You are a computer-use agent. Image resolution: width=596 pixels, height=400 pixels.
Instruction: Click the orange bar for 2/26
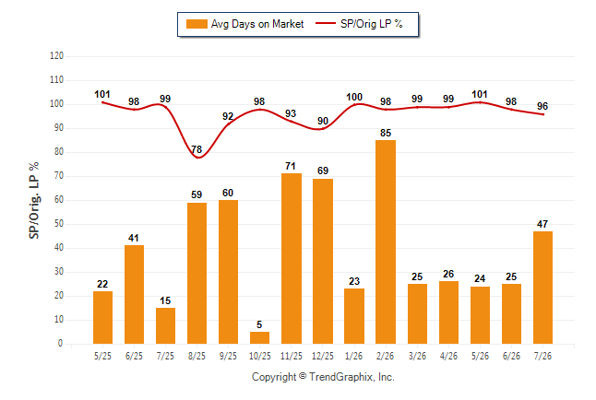tap(386, 242)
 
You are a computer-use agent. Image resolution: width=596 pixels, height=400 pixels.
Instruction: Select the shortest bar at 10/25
tap(259, 337)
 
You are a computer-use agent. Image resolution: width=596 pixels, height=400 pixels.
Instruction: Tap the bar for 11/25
tap(292, 259)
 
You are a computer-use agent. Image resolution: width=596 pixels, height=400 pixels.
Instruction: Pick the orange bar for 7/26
tap(542, 288)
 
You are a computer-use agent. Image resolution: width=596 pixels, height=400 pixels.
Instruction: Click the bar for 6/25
tap(134, 294)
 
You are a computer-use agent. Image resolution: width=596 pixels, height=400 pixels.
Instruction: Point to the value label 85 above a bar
tap(386, 133)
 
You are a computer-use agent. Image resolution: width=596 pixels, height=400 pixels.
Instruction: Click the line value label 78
tap(197, 149)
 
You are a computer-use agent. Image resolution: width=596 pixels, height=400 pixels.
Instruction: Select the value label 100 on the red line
tap(354, 98)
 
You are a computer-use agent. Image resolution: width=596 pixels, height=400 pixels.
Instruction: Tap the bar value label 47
tap(542, 224)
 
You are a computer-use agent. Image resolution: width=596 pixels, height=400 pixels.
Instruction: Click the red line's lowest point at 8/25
tap(198, 158)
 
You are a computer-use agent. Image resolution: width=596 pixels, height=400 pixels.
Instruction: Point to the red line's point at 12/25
tap(322, 129)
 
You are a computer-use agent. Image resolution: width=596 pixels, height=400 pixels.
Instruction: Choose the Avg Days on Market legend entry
tap(245, 24)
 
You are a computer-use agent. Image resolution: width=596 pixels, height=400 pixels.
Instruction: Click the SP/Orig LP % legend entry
tap(359, 24)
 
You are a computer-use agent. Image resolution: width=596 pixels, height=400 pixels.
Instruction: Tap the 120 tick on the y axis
tap(56, 56)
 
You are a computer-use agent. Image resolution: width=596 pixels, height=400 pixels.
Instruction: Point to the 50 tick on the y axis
tap(59, 224)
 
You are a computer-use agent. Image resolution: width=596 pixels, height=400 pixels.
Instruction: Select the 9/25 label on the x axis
tap(228, 356)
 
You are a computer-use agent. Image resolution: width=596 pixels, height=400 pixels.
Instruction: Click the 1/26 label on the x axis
tap(354, 356)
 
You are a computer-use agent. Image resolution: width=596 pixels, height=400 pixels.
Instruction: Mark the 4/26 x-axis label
tap(448, 356)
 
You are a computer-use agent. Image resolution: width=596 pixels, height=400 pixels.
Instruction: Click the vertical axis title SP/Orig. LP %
tap(34, 201)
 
